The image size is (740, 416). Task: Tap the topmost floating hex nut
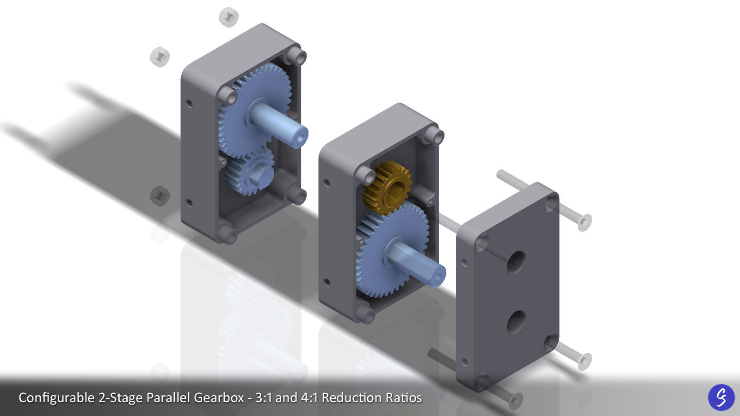pos(228,17)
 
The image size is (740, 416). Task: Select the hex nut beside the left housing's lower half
pos(160,196)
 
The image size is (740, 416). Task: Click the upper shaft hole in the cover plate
pos(515,262)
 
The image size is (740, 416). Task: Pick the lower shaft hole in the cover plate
pos(515,322)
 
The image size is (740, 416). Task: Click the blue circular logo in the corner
pos(721,397)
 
